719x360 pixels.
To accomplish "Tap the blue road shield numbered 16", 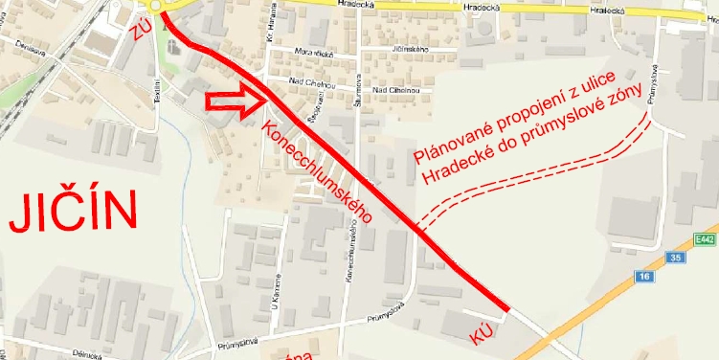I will coord(641,276).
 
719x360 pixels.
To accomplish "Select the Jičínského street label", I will coord(409,48).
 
